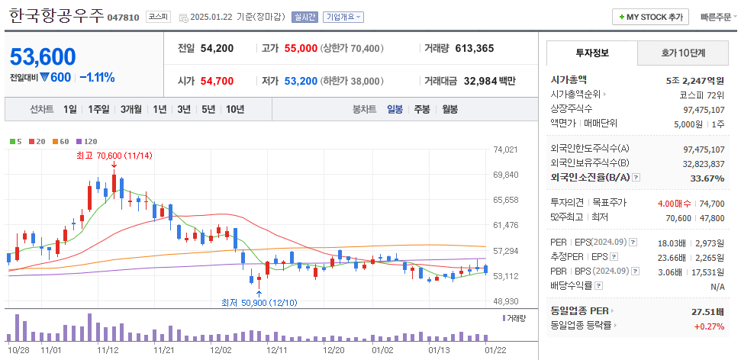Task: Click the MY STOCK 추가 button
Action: click(650, 17)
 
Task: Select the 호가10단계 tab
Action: click(683, 53)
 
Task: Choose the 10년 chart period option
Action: click(235, 109)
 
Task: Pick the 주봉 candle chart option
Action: click(422, 109)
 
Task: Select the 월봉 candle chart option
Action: click(449, 109)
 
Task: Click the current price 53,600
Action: click(43, 56)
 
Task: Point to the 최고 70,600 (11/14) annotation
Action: click(114, 156)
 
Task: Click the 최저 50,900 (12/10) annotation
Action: click(259, 303)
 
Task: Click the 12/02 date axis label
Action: click(220, 349)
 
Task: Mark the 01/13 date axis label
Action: click(439, 349)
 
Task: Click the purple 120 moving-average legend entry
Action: click(88, 141)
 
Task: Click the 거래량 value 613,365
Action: click(474, 49)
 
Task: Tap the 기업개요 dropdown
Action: click(343, 17)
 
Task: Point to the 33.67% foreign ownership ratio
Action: click(707, 178)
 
